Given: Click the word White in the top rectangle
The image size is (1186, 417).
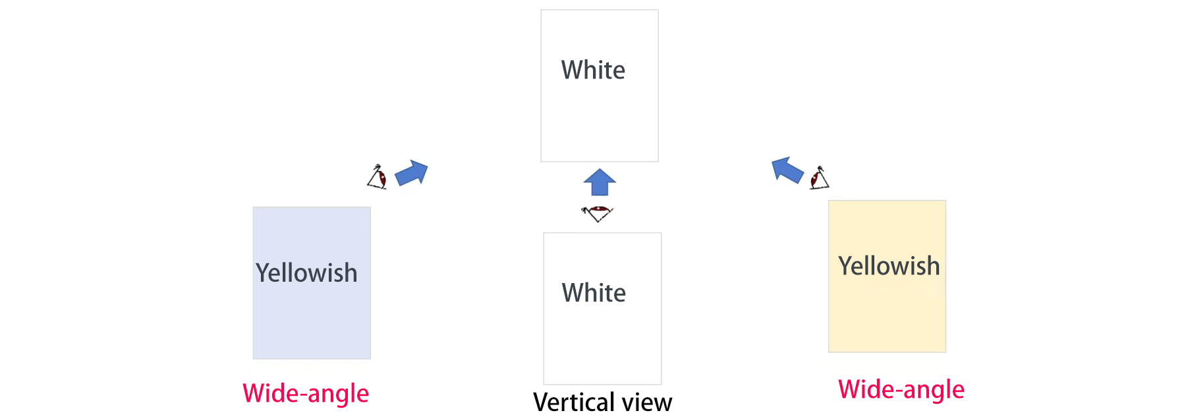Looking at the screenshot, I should (593, 70).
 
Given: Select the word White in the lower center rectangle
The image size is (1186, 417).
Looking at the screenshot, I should (594, 293).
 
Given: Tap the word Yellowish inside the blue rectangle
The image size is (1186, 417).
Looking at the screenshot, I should (306, 273).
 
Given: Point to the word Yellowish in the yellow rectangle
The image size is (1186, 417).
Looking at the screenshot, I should (889, 266).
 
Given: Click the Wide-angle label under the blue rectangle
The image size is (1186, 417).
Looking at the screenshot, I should (306, 393).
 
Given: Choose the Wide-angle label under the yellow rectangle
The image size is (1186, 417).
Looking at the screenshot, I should (901, 389).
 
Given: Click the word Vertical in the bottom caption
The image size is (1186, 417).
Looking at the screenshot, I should (573, 402).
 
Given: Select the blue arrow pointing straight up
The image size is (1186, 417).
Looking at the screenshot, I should (600, 182).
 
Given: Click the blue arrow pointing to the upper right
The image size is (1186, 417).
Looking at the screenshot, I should (412, 173).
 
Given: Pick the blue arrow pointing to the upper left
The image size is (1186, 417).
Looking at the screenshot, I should (787, 170).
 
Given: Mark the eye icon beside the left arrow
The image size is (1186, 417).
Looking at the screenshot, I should (378, 177).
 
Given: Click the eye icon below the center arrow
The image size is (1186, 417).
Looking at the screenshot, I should (598, 213).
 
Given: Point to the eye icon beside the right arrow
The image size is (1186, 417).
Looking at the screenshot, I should (819, 177).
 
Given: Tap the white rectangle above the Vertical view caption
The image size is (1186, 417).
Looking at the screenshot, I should (602, 343).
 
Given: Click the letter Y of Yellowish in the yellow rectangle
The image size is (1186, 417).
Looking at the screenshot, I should (845, 266).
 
